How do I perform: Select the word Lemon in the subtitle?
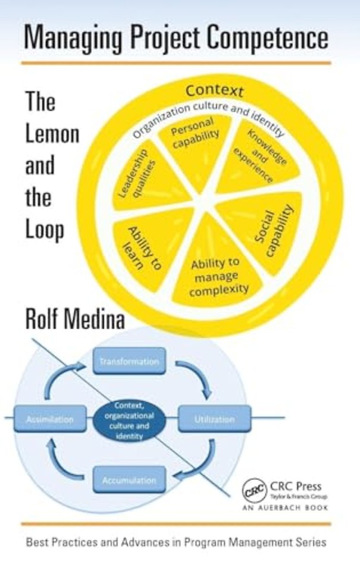click(x=52, y=134)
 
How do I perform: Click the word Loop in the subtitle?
click(x=45, y=230)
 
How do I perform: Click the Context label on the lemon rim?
click(x=214, y=90)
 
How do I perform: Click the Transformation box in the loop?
click(x=129, y=361)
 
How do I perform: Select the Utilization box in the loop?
click(x=214, y=419)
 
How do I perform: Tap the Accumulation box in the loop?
click(x=129, y=480)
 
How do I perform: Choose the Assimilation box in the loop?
click(x=51, y=419)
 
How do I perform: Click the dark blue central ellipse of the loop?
click(x=129, y=420)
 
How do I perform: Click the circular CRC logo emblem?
click(x=255, y=491)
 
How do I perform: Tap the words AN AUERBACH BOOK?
click(x=285, y=507)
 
